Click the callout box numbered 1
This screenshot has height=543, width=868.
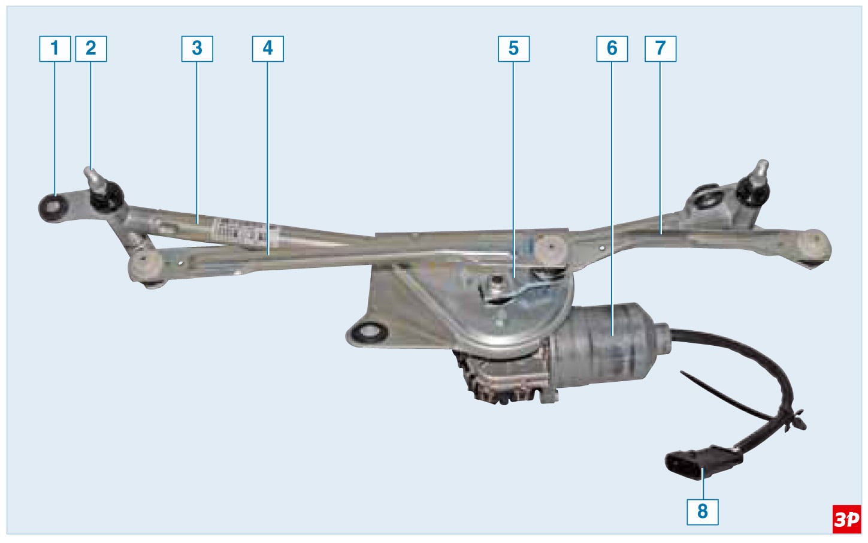[55, 49]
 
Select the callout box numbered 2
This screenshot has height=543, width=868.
[91, 49]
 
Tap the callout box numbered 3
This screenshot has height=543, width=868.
[197, 49]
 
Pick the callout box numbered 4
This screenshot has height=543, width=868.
[268, 49]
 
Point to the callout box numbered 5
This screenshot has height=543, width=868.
[514, 49]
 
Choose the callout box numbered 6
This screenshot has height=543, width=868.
[612, 49]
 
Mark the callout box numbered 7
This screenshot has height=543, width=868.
[661, 49]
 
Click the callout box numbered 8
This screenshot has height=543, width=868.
[703, 512]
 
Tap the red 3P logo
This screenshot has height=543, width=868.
[846, 520]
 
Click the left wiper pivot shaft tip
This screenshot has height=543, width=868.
[89, 171]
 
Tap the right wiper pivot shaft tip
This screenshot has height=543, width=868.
[763, 164]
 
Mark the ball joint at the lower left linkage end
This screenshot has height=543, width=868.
[147, 269]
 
